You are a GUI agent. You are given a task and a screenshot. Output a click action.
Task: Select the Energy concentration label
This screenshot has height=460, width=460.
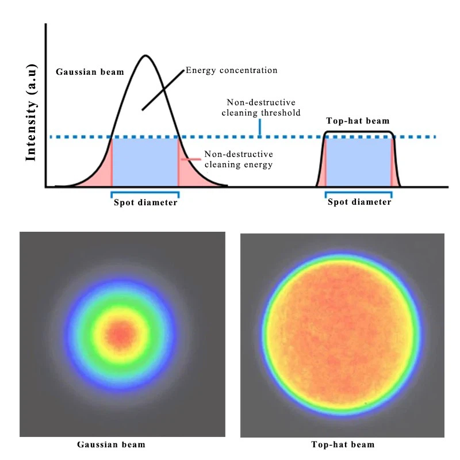pos(231,70)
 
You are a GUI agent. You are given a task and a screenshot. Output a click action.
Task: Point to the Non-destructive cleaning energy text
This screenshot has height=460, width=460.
pos(238,159)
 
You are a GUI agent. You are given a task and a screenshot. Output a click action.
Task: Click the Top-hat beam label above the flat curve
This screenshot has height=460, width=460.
pos(358,121)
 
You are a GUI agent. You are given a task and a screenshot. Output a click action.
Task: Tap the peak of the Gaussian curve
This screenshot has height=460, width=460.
pos(145,56)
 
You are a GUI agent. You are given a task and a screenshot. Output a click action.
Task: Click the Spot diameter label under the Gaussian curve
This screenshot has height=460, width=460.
pos(145,202)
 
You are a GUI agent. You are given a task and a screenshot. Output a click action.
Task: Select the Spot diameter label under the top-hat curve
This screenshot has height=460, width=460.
pos(359,202)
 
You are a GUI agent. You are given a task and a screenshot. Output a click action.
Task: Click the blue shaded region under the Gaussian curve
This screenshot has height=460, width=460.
pos(145,162)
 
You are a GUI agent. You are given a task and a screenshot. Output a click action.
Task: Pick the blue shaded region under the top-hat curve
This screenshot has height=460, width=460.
pos(359,162)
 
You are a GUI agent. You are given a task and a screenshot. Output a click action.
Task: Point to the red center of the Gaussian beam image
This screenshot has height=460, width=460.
pos(120,333)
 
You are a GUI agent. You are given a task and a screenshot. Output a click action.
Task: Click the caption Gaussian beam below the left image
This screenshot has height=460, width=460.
pos(112,444)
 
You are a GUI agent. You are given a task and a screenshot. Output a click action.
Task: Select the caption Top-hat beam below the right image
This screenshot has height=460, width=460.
pos(343,444)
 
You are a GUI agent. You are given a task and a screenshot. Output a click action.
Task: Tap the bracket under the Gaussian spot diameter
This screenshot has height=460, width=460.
pos(144,194)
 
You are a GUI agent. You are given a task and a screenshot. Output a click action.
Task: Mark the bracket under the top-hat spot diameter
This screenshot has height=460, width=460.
pos(359,194)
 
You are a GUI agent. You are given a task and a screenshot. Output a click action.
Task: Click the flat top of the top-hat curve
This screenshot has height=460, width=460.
pos(359,132)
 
